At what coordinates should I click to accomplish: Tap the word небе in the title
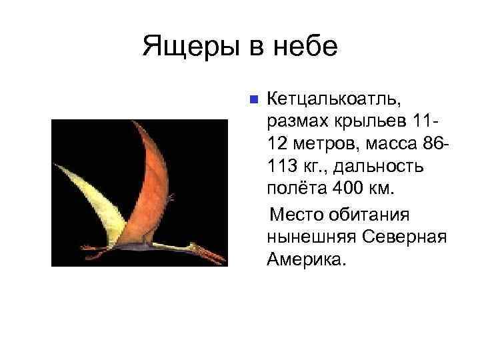(303, 47)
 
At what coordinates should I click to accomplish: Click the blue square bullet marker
(253, 101)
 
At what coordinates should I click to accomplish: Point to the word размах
(298, 122)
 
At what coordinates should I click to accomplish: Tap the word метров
(319, 144)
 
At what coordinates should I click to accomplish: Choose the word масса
(387, 144)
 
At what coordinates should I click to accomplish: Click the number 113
(283, 166)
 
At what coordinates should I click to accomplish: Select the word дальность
(374, 166)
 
